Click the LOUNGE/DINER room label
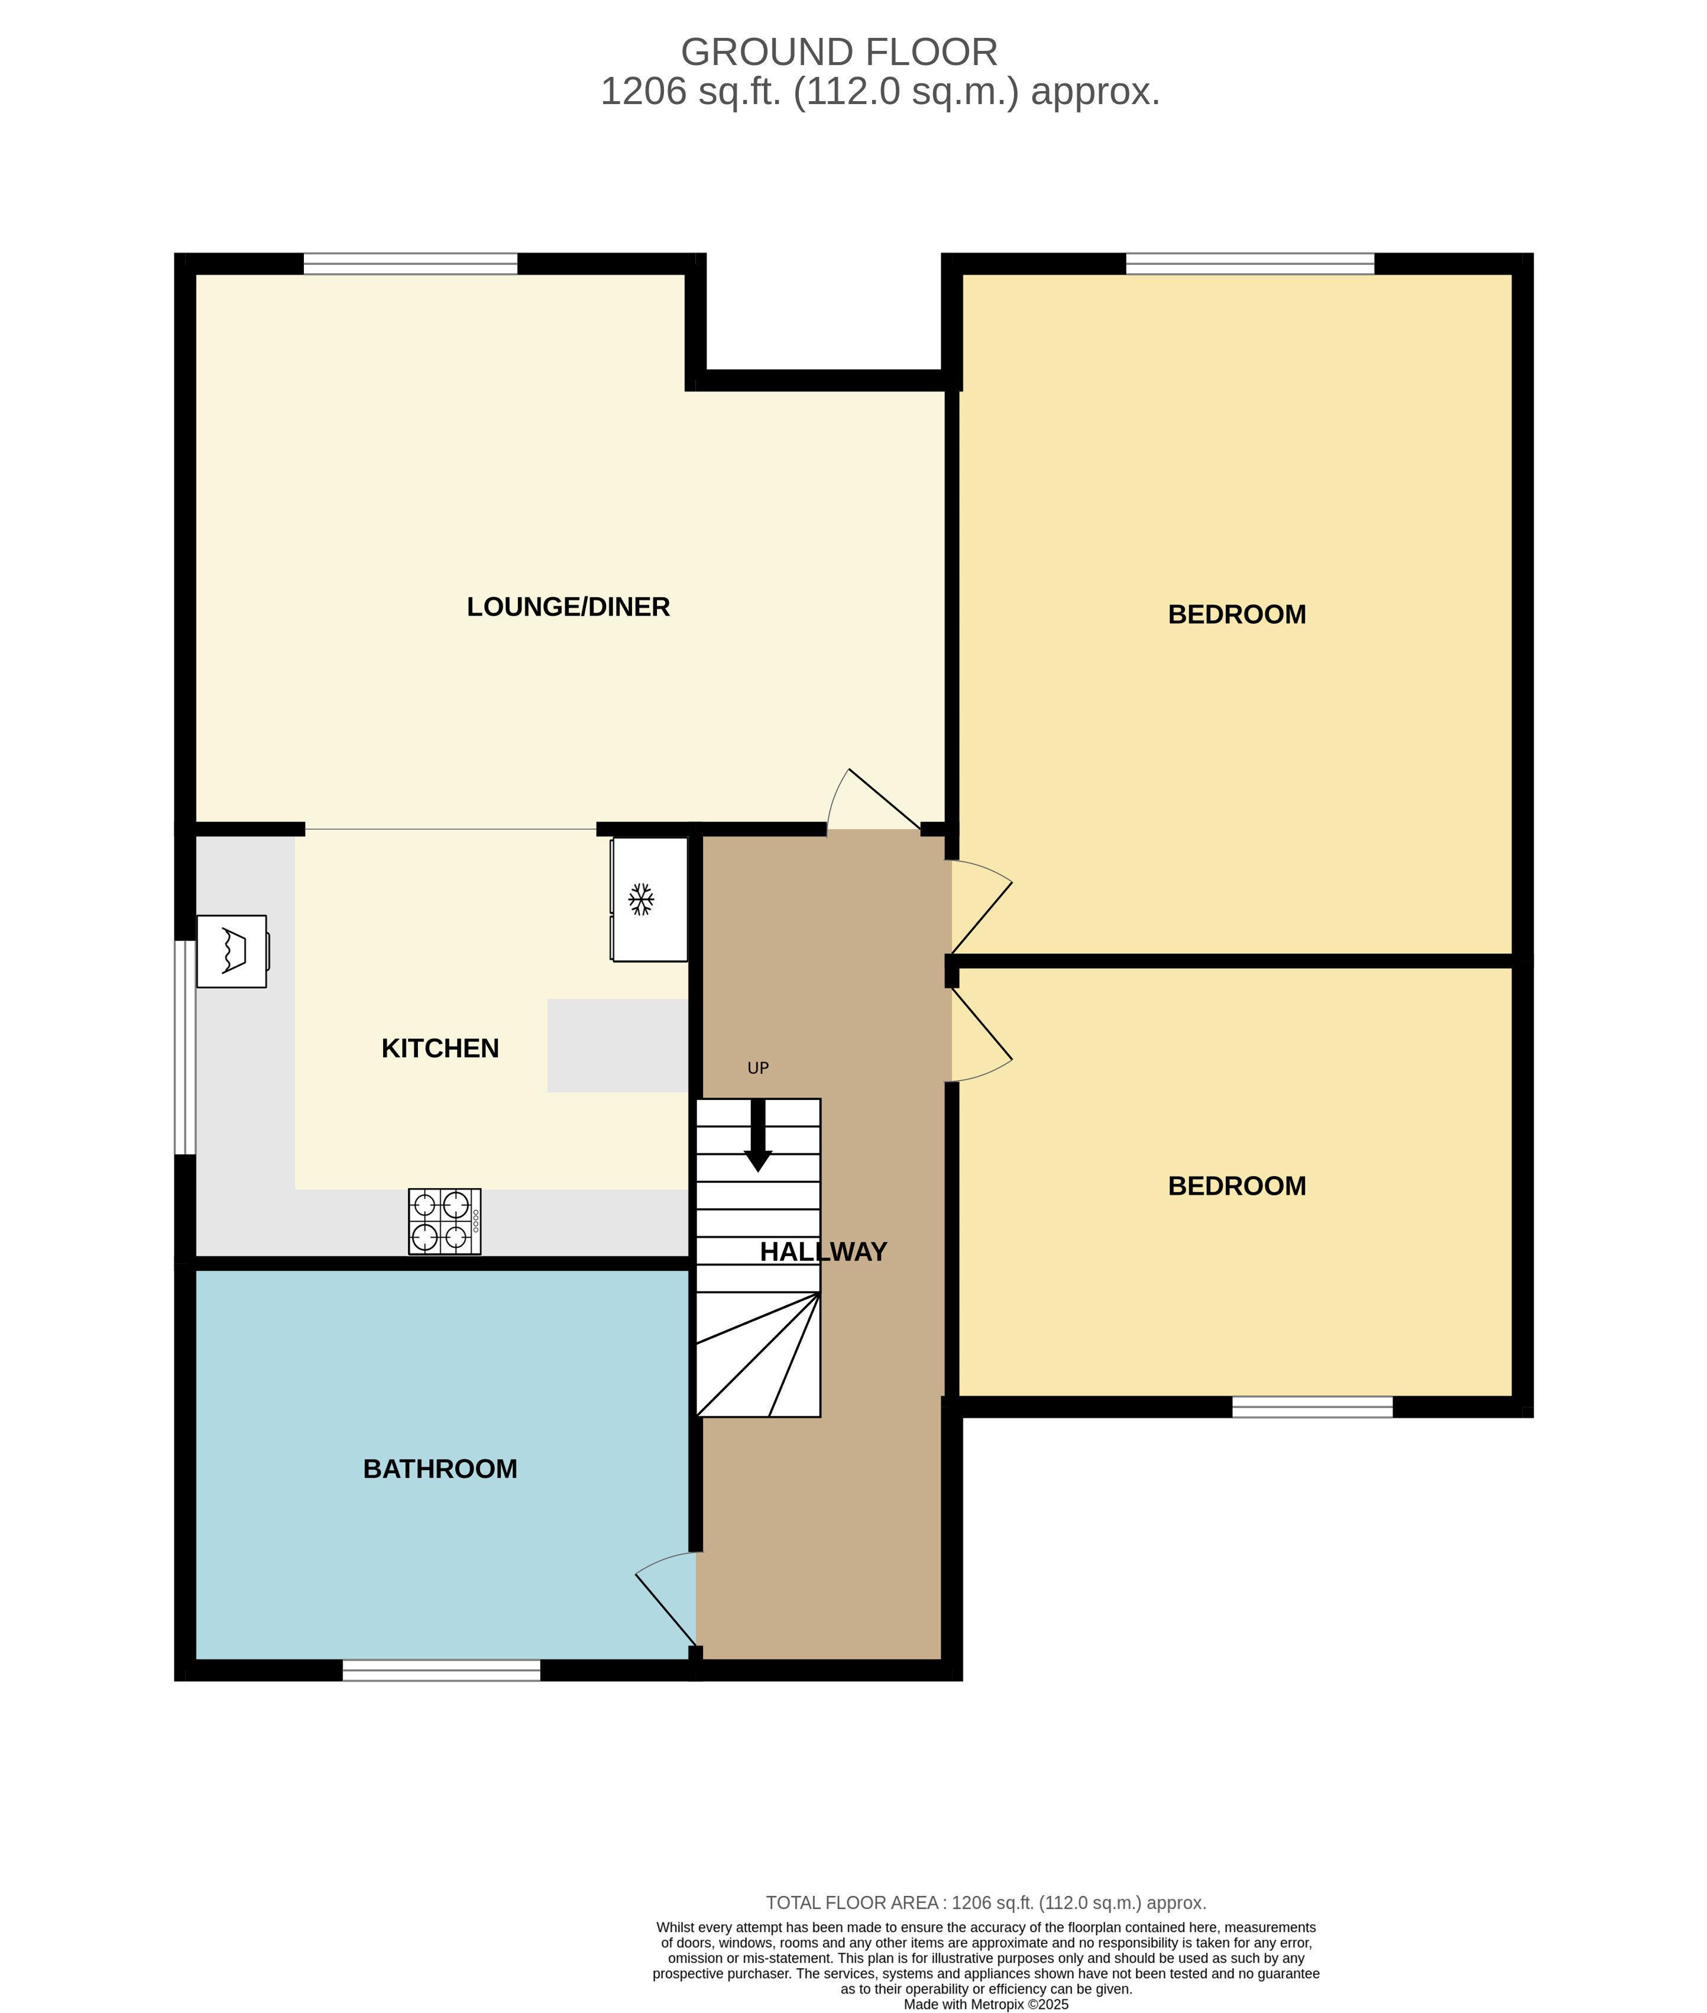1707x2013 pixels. tap(568, 607)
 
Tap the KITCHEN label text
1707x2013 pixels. tap(440, 1048)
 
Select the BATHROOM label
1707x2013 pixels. tap(440, 1469)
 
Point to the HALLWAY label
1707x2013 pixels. tap(824, 1251)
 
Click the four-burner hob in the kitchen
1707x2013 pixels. tap(444, 1221)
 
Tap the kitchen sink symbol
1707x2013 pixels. tap(232, 952)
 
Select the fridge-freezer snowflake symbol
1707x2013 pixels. tap(640, 899)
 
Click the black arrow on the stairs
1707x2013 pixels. tap(757, 1134)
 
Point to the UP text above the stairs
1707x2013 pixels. tap(757, 1069)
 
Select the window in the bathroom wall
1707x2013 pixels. tap(441, 1671)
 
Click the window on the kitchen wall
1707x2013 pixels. tap(185, 1047)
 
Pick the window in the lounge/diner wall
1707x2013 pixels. tap(410, 263)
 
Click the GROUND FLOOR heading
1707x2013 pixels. tap(839, 52)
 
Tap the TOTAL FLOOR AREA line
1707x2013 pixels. tap(986, 1902)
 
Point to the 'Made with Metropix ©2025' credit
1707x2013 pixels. tap(986, 2004)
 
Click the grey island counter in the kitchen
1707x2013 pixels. tap(617, 1045)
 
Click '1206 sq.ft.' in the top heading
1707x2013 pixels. tap(690, 92)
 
